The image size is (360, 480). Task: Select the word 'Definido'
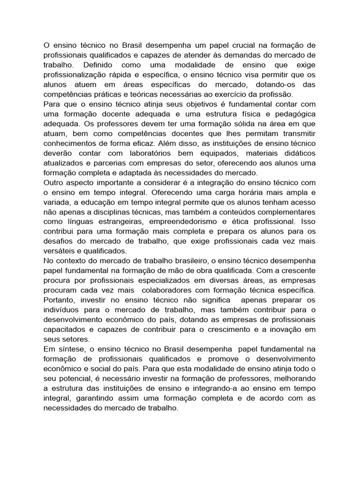100,64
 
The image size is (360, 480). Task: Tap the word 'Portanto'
59,300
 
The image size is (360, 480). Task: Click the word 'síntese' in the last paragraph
70,349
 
